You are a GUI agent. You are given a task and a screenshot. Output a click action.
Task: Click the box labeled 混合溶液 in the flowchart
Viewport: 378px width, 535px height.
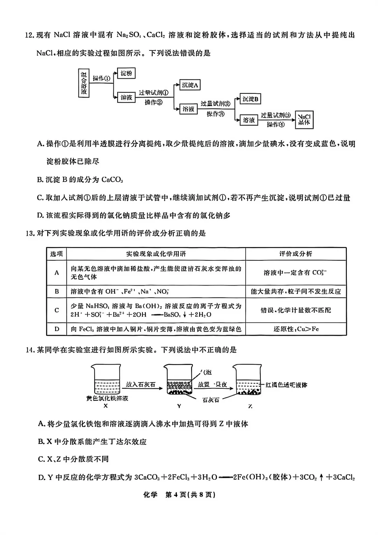tap(84, 83)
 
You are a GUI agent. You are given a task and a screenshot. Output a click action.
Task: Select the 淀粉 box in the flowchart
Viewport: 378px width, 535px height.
tap(126, 73)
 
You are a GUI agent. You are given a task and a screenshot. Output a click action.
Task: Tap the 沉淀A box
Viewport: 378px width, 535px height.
tap(190, 85)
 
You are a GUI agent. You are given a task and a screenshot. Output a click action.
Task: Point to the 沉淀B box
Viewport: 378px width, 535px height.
tap(250, 99)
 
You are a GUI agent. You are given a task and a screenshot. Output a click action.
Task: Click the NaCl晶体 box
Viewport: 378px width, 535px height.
tap(304, 120)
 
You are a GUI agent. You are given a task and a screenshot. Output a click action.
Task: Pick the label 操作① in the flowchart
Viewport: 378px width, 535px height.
tap(101, 78)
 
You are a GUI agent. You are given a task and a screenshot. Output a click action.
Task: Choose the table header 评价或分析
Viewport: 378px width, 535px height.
tap(295, 254)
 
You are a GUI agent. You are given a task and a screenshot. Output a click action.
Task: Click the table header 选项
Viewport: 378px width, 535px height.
tap(56, 254)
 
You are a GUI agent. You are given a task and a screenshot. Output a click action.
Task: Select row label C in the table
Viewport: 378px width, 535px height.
tap(57, 310)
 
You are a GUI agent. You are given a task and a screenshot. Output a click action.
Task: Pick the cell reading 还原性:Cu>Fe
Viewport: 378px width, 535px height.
tap(296, 329)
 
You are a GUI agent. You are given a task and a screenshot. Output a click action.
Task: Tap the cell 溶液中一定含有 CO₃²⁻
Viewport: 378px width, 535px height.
tap(296, 273)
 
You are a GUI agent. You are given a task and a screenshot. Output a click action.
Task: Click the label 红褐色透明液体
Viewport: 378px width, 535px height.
tap(286, 385)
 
